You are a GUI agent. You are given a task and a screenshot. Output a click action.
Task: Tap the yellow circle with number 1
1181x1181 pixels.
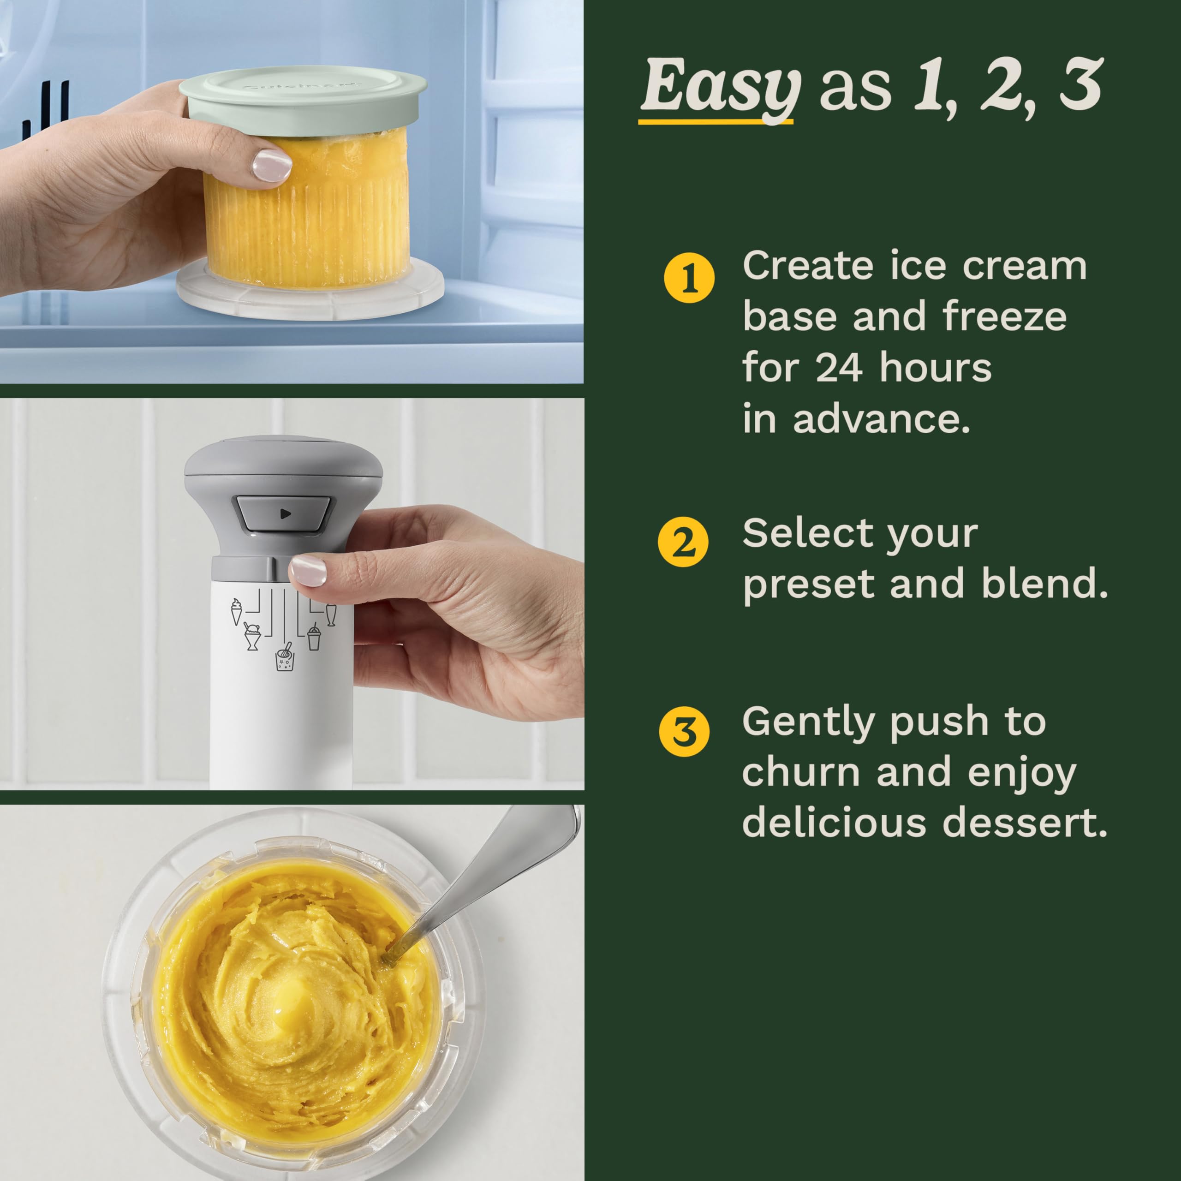(689, 278)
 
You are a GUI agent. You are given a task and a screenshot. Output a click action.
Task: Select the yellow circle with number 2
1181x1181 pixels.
(683, 542)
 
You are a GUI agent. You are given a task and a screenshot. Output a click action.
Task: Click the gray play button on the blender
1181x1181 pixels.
(284, 513)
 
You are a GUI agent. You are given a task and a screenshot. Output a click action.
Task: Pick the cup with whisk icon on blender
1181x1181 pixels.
(284, 657)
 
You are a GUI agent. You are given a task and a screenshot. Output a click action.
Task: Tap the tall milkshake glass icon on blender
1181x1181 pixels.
(331, 614)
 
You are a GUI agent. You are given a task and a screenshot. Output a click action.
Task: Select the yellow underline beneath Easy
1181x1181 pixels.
(715, 122)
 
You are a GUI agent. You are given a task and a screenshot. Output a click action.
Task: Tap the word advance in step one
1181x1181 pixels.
(880, 420)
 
